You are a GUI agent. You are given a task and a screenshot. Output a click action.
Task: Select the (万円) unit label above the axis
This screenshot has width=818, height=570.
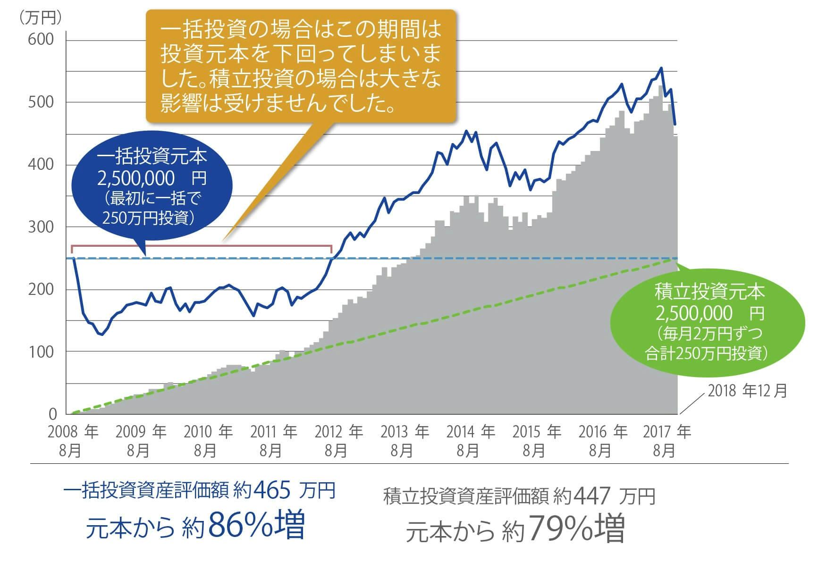click(x=40, y=17)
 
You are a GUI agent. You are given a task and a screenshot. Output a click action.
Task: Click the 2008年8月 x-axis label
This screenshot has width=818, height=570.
click(x=72, y=441)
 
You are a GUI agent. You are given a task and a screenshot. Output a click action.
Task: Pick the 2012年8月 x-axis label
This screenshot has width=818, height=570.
click(x=338, y=441)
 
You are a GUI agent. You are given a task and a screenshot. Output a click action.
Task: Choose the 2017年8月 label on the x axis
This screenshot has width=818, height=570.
click(x=666, y=441)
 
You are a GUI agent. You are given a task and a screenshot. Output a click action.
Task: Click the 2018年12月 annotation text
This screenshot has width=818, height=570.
click(x=747, y=391)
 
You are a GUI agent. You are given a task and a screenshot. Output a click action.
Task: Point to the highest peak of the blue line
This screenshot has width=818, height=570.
click(x=661, y=68)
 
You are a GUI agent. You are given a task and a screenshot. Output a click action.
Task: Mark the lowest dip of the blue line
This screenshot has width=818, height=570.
click(x=102, y=335)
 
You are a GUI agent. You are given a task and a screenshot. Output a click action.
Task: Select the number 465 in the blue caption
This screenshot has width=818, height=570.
click(x=272, y=491)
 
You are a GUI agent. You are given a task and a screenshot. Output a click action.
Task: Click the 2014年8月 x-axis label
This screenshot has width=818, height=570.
click(x=470, y=441)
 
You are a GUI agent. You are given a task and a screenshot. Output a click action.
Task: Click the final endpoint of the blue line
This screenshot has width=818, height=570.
click(x=675, y=125)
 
